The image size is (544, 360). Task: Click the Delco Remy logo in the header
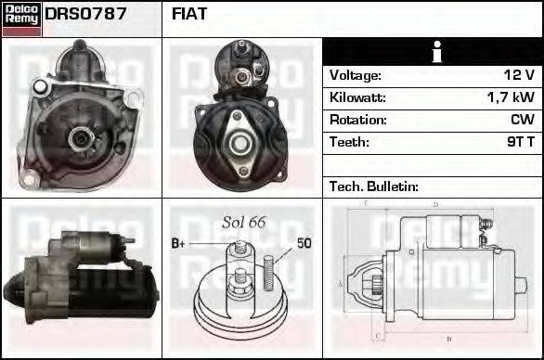[x=21, y=18]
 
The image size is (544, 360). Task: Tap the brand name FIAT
[x=190, y=14]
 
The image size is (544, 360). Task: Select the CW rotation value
[x=522, y=120]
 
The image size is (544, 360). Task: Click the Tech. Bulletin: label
[x=374, y=186]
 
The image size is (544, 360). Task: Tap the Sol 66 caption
[x=243, y=223]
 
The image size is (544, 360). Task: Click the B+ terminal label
[x=179, y=243]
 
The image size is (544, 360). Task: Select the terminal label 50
[x=304, y=243]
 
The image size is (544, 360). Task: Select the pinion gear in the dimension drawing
[x=376, y=281]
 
